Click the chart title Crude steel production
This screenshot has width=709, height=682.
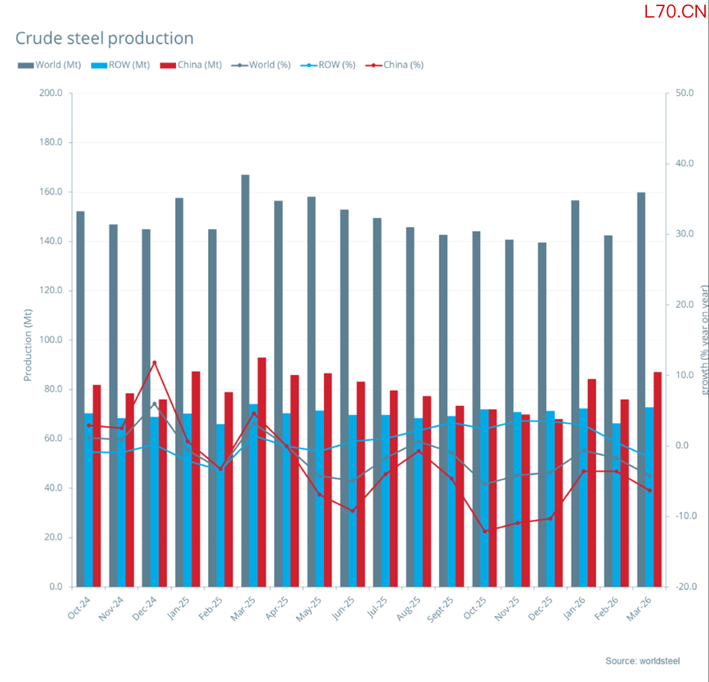[105, 38]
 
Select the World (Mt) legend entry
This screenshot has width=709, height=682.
[49, 65]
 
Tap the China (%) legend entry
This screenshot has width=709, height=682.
[394, 65]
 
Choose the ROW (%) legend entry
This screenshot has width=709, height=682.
[328, 65]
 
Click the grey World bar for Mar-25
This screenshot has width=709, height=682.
[245, 381]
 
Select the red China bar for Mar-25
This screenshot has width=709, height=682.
[262, 472]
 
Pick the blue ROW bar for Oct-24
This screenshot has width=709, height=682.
[88, 500]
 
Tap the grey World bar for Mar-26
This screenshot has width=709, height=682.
[641, 390]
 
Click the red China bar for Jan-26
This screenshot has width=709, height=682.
[592, 483]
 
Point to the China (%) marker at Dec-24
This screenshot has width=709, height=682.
[154, 363]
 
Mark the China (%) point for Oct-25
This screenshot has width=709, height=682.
[485, 531]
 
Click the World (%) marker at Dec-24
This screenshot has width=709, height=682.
[154, 404]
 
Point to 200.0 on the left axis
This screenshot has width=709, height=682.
[51, 93]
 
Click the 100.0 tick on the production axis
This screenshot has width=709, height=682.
[51, 340]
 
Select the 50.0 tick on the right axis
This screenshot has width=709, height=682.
[685, 93]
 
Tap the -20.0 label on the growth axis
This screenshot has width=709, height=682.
[686, 587]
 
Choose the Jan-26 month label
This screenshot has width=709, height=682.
[574, 608]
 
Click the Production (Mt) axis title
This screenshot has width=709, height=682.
[28, 345]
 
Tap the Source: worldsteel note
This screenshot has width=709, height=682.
[643, 661]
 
